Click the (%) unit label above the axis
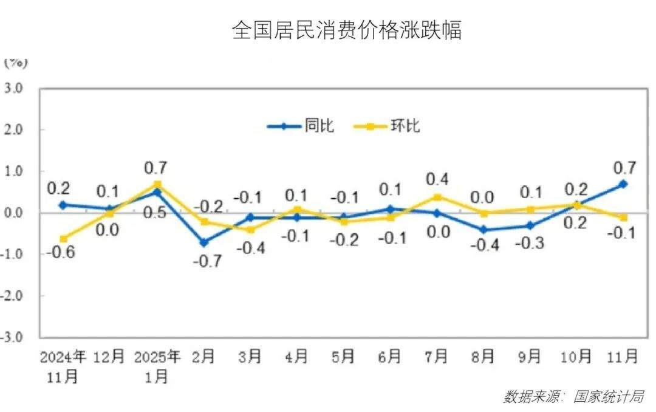pos(16,62)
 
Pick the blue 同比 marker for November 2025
pos(623,184)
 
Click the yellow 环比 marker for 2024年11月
pos(63,238)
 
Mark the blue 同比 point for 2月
pos(203,242)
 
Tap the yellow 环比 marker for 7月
pos(437,197)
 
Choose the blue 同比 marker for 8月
pos(483,230)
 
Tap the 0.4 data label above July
pos(437,179)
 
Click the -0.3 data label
pos(529,243)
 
